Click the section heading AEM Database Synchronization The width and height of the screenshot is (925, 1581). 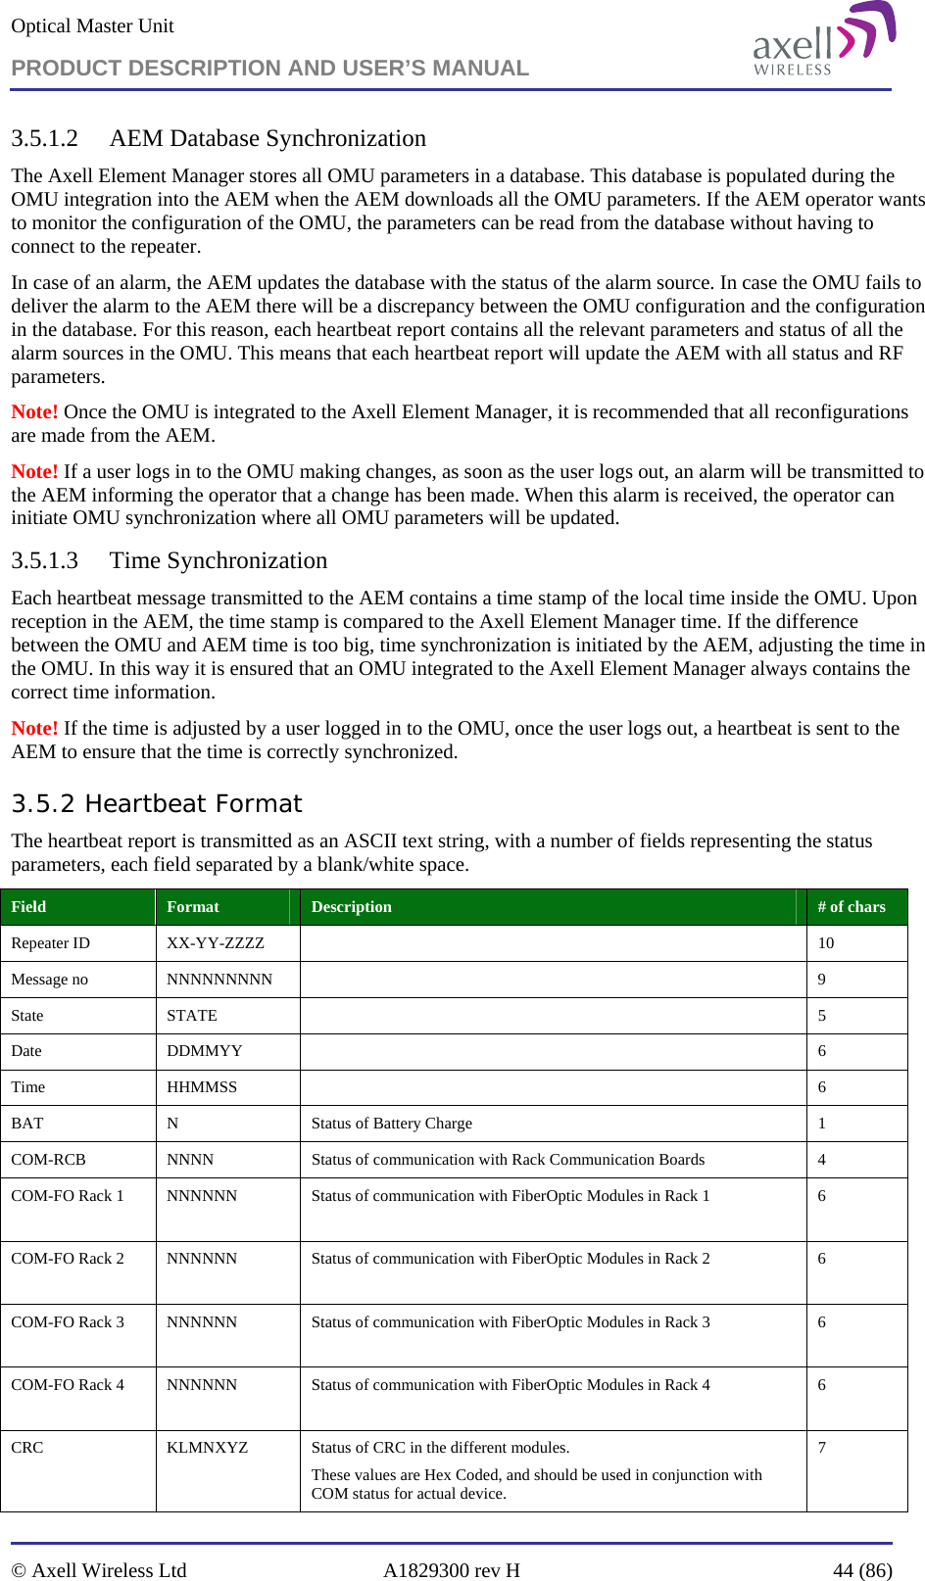click(268, 138)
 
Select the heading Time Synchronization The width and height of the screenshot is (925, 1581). click(218, 560)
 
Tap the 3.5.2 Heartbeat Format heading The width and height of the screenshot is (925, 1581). click(157, 803)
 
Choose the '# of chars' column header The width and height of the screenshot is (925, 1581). click(851, 907)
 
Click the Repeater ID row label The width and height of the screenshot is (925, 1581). click(50, 943)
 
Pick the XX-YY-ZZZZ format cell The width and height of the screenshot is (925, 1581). click(216, 943)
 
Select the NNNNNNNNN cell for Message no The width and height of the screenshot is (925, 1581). click(219, 980)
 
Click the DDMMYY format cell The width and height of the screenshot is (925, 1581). click(204, 1051)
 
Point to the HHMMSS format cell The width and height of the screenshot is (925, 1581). click(202, 1087)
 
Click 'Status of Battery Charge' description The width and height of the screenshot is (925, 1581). click(391, 1124)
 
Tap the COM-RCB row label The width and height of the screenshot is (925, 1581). click(48, 1160)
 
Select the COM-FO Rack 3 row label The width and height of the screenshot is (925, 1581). click(68, 1322)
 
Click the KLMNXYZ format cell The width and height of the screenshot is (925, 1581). click(207, 1448)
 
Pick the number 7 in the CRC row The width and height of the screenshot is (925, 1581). click(822, 1448)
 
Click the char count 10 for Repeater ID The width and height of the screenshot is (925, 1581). click(826, 943)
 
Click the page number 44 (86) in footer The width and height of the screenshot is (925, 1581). click(862, 1570)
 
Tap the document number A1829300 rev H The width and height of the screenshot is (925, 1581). click(452, 1570)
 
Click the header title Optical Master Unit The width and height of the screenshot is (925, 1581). click(92, 26)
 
